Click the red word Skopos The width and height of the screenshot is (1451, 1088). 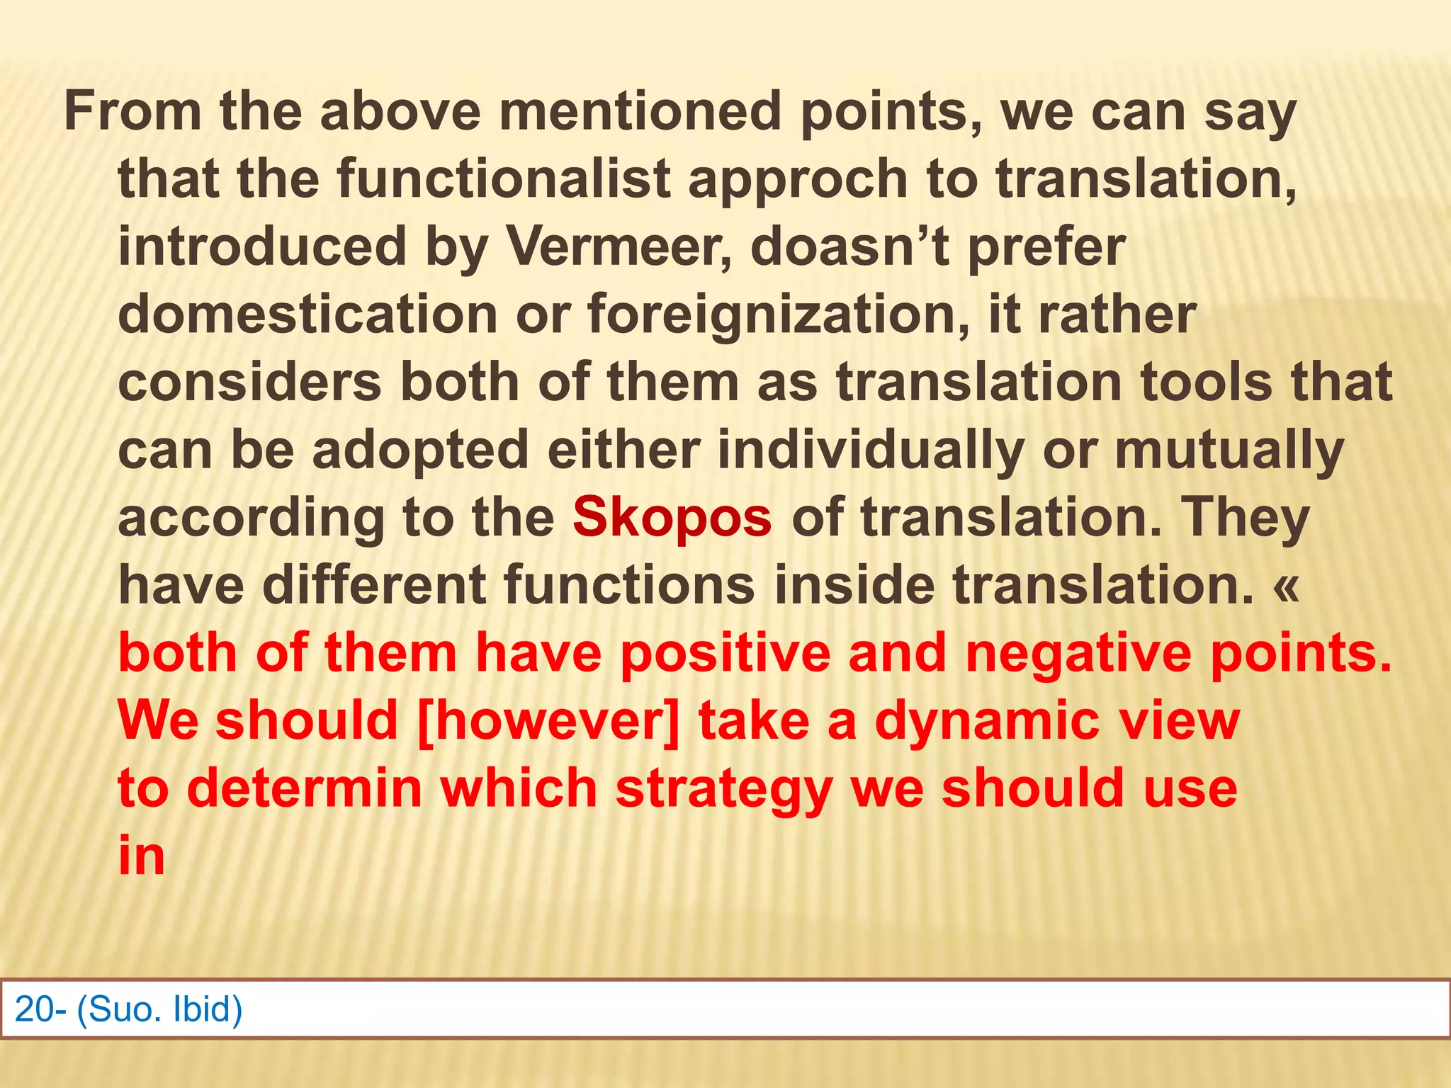coord(672,517)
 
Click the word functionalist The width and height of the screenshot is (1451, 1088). coord(504,178)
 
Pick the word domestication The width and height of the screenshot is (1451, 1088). coord(307,314)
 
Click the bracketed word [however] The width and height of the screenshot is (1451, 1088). coord(548,720)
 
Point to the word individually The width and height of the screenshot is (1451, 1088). coord(871,450)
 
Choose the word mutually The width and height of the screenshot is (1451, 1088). coord(1229,450)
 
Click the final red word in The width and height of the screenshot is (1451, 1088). coord(141,856)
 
